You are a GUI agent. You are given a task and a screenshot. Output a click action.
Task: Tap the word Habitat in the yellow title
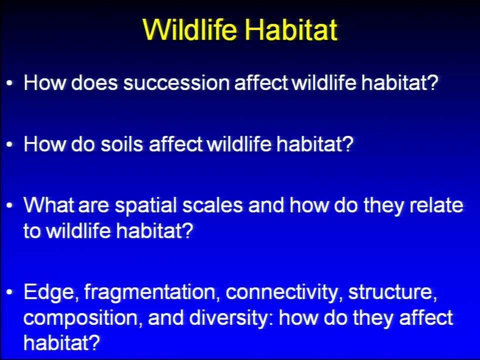tap(291, 29)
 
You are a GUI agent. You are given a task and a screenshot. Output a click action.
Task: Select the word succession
tap(176, 82)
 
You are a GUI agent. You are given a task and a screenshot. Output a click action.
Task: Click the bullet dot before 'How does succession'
tap(10, 83)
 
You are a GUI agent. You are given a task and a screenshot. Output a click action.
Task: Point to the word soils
tap(122, 144)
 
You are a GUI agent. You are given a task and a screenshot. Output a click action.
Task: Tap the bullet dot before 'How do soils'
tap(10, 144)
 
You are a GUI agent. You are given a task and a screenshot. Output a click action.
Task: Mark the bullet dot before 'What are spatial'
tap(10, 205)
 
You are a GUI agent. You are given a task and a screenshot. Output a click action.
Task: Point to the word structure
tap(392, 292)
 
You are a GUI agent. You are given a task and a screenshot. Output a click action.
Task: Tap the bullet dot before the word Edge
tap(10, 292)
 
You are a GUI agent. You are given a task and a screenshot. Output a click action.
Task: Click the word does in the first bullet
tap(94, 82)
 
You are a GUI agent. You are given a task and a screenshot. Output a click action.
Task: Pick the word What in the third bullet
tap(49, 205)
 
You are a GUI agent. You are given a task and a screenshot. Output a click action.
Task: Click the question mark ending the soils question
tap(348, 143)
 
